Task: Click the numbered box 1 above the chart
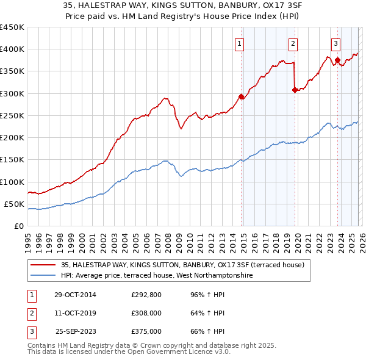(x=240, y=43)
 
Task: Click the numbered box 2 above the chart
(x=293, y=43)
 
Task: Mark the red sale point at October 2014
(x=241, y=96)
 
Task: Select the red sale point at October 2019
(x=295, y=90)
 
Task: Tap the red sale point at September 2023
(x=337, y=60)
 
